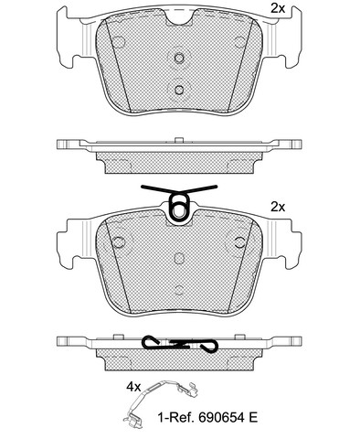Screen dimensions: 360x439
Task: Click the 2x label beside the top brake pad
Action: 278,9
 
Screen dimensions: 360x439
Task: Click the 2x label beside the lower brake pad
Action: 278,208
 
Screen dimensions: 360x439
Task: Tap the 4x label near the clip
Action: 133,387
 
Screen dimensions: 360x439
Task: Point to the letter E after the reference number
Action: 253,417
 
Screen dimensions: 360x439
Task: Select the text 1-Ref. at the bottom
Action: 176,417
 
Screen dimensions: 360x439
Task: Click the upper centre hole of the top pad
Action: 179,58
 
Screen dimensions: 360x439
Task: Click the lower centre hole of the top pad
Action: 179,90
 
